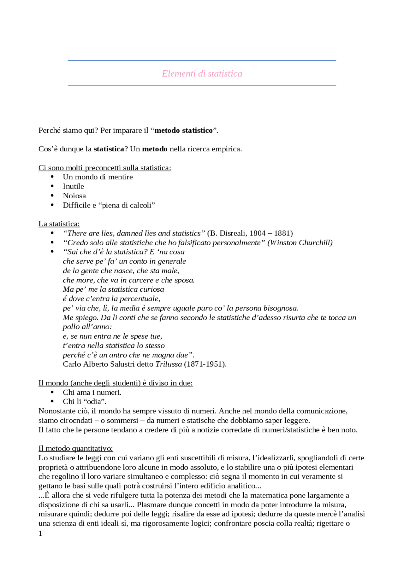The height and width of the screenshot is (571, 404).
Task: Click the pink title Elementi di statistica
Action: pos(202,73)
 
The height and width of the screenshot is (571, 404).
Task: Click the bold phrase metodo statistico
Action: pos(184,131)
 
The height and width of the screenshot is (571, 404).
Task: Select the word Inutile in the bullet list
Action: pos(73,186)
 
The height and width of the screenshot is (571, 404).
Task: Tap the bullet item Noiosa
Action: pos(74,196)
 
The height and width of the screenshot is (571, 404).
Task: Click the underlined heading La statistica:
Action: pos(59,224)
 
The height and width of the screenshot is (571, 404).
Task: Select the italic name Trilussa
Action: pos(169,364)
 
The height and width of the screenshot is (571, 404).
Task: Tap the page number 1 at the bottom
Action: pos(40,533)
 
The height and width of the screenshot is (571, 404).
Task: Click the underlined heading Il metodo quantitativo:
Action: pos(76,448)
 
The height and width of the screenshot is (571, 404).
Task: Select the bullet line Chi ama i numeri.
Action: pos(92,393)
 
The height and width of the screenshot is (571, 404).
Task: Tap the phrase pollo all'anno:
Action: pos(87,327)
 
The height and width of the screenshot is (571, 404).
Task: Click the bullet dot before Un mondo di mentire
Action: pos(52,177)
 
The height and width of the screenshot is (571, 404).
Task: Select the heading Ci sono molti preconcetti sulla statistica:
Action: pos(105,168)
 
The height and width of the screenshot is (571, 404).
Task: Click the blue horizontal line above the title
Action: pos(202,61)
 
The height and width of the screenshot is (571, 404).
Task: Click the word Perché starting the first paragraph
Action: pos(49,131)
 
